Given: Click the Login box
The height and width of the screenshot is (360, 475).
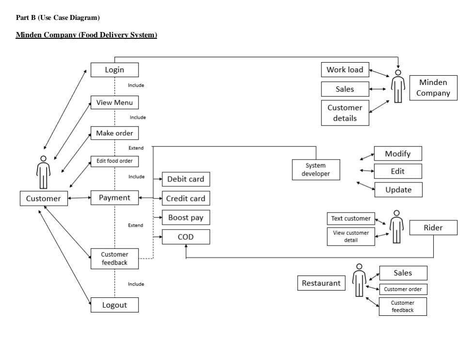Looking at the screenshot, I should coord(114,70).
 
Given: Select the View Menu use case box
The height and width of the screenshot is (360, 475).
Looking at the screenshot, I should coord(114,102).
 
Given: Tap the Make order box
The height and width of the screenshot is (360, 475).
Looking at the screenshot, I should coord(114,133).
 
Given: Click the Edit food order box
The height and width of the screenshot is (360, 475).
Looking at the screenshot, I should coord(114,161).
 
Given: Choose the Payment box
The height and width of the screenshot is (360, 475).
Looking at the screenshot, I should coord(114,197).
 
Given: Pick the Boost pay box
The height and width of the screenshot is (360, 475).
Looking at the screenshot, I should coord(186,218).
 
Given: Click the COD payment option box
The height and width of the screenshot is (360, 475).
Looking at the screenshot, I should coord(186,237).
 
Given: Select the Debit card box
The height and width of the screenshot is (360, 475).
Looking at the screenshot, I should coord(186,179).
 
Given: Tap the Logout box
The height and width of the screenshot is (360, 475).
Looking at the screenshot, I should coord(114,305).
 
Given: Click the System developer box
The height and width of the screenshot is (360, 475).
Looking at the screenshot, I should coord(316,170).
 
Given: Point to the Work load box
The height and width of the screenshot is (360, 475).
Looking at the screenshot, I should coord(345,70).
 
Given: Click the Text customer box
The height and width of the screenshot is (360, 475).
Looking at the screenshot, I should coord(351,219).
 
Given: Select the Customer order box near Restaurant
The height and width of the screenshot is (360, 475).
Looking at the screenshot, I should coord(403,289).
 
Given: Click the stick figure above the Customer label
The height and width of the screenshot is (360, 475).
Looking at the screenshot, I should coord(44,172).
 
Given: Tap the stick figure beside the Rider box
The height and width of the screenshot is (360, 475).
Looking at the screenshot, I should coord(396,227).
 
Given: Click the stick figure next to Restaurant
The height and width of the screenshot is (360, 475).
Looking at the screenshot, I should coord(359,280).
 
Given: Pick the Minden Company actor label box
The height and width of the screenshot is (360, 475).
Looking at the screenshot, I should coord(433,88).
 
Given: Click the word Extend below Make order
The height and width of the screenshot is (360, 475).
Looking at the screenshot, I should coord(136,148).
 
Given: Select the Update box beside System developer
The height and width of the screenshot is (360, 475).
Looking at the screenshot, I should coord(398,190).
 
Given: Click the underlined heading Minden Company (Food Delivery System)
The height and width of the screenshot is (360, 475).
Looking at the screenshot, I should coord(86,35).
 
